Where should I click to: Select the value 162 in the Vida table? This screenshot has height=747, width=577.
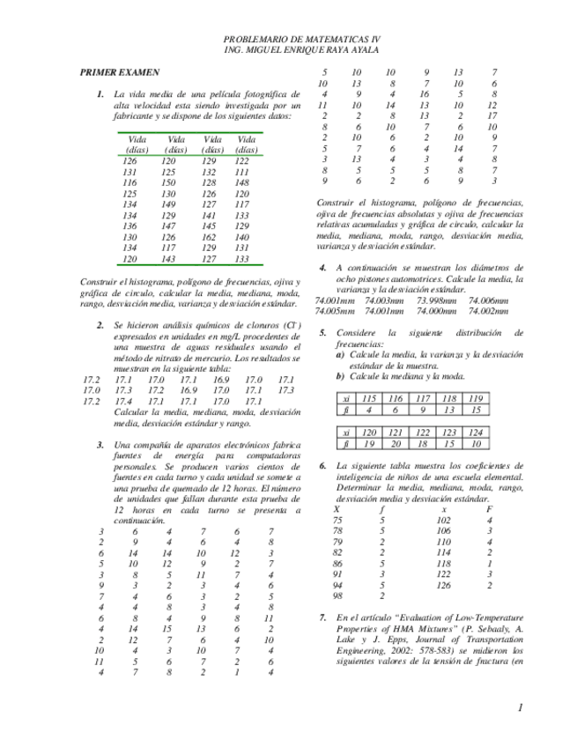(210, 237)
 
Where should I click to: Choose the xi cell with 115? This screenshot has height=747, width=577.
(370, 397)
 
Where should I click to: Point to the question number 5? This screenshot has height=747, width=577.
(323, 332)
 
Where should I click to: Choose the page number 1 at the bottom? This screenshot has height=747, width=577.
(521, 707)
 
